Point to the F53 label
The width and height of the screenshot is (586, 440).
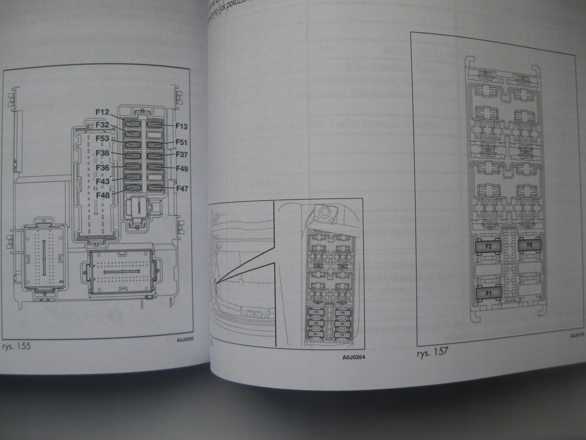click(103, 139)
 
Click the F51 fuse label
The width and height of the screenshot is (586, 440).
click(182, 142)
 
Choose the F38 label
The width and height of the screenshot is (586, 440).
click(103, 154)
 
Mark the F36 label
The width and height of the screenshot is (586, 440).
click(103, 168)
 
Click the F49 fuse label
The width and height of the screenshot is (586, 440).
click(182, 169)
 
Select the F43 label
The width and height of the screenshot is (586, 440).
click(103, 181)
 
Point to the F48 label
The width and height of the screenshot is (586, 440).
click(103, 195)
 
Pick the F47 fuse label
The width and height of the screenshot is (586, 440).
click(182, 189)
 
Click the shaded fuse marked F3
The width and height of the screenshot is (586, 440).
click(488, 247)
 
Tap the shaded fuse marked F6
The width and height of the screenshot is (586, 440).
click(530, 245)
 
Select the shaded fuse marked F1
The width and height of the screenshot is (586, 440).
click(488, 293)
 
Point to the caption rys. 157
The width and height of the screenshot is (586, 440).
click(433, 353)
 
